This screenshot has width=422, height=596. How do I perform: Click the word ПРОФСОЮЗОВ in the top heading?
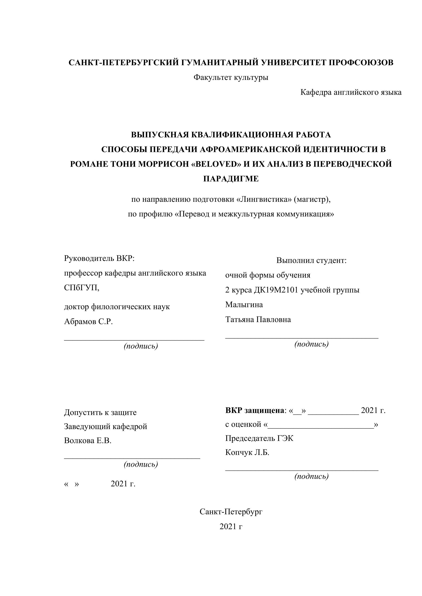[x=361, y=63]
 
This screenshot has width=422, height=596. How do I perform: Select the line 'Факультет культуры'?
[x=231, y=77]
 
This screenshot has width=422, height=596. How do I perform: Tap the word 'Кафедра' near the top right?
[x=316, y=92]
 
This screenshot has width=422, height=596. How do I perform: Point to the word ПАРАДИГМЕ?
[x=231, y=179]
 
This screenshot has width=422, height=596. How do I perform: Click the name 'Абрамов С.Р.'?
[x=88, y=322]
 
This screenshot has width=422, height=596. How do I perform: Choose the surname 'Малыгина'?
[x=244, y=305]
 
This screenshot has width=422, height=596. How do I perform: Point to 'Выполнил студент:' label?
[x=311, y=260]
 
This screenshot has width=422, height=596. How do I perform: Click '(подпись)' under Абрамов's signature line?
[x=141, y=346]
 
